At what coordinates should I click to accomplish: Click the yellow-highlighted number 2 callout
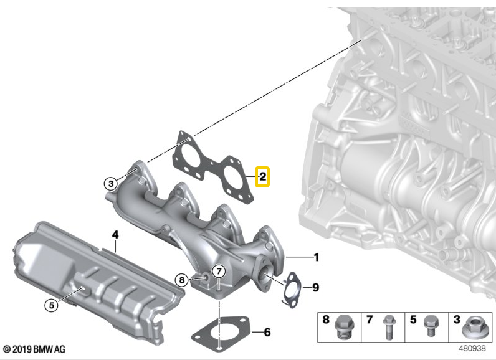point(262,177)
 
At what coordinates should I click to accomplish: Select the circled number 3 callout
point(111,183)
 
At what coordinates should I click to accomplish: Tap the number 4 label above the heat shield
point(115,235)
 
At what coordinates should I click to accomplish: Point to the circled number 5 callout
point(52,305)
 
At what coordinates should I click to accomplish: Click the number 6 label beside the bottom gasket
point(267,332)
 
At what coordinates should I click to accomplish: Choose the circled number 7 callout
point(219,271)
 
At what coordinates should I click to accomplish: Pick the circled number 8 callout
point(181,280)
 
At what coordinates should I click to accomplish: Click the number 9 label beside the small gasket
point(315,287)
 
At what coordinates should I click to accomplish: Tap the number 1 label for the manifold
point(316,257)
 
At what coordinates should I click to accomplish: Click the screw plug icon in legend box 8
point(344,327)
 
